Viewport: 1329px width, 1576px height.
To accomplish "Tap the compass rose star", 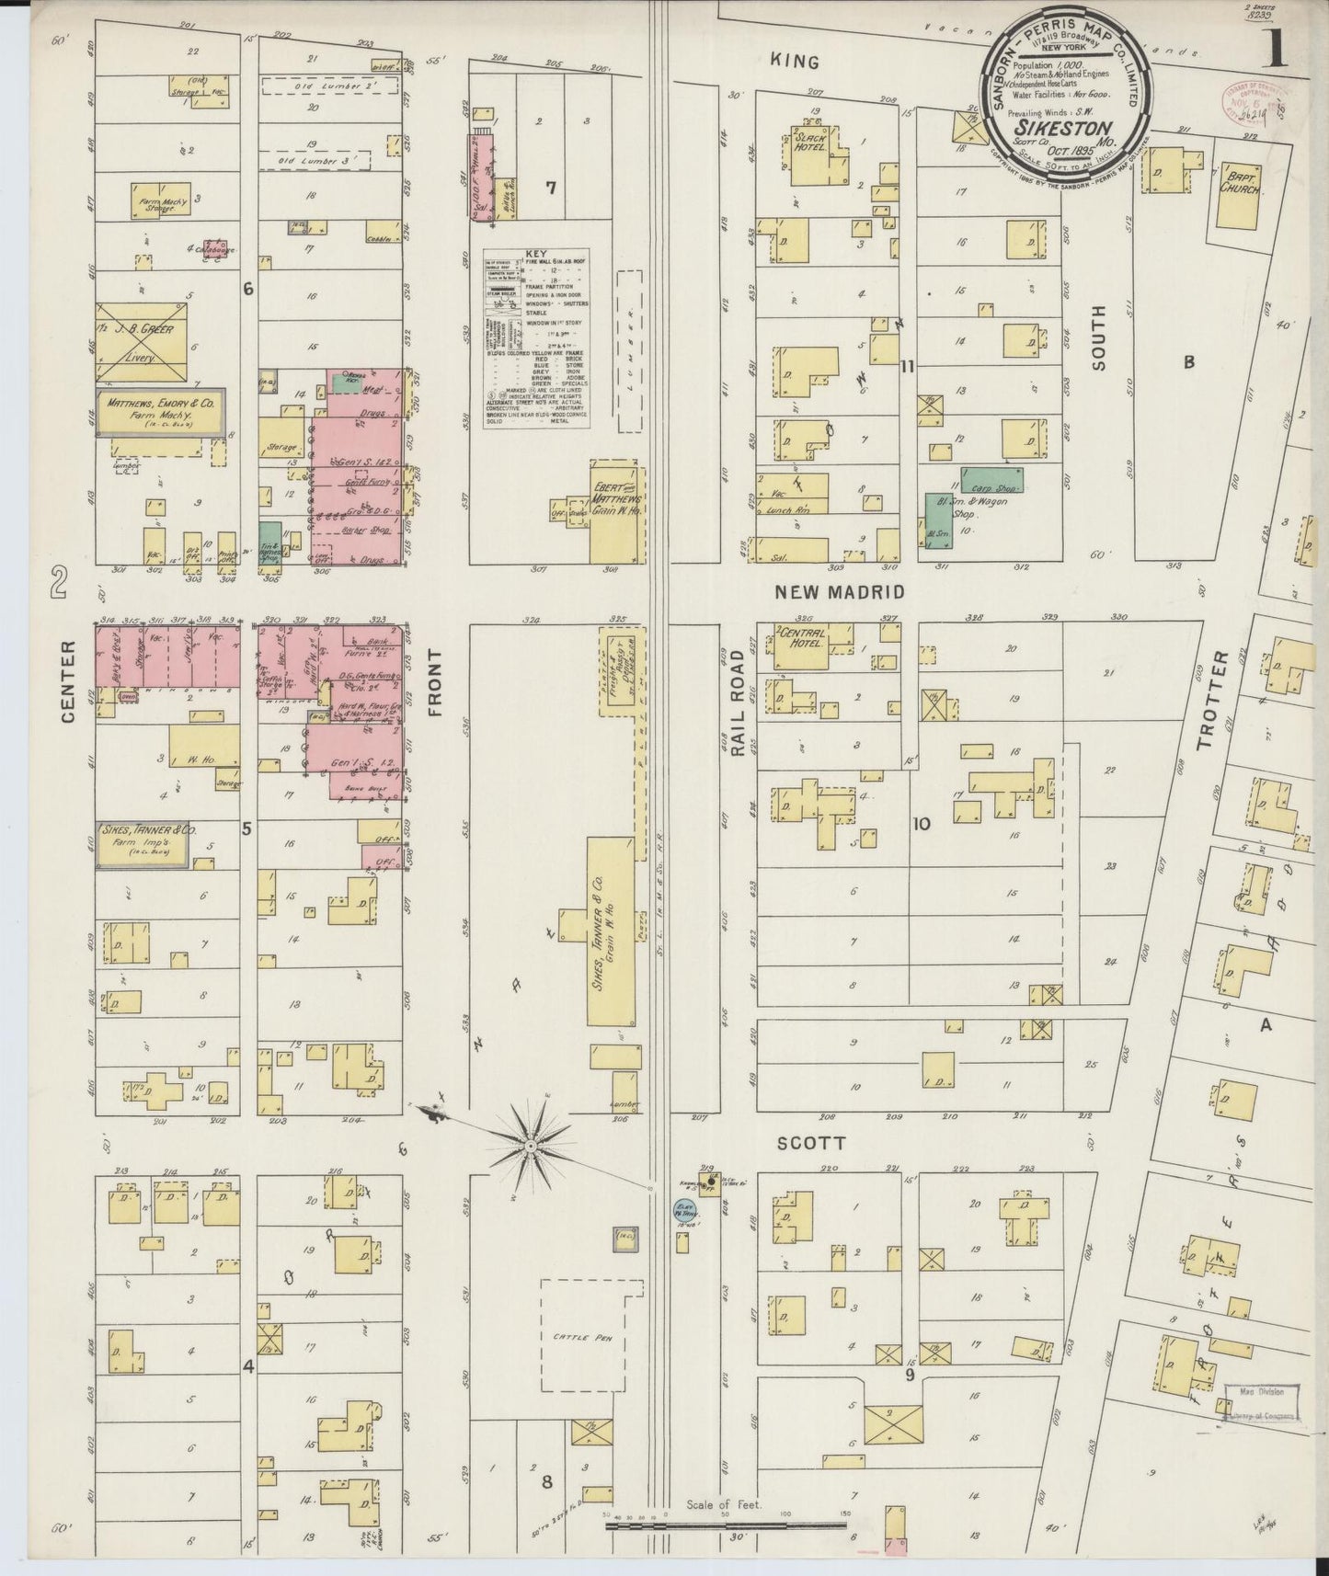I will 531,1147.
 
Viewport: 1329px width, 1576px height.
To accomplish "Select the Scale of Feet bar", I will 727,1526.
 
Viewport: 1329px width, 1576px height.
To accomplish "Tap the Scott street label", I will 812,1143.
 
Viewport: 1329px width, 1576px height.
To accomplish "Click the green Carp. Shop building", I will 992,479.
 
